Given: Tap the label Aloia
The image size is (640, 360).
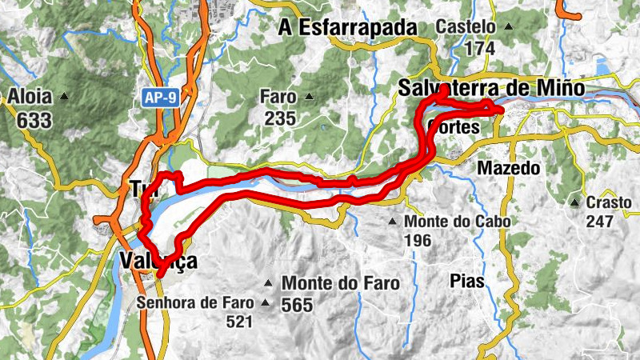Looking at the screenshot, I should (30, 97).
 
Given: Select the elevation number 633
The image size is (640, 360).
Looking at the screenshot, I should (33, 120).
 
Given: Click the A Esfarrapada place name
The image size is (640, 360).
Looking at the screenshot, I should (348, 28).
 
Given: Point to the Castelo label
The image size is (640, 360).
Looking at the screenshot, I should (466, 26).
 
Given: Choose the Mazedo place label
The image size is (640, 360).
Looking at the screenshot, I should (509, 168).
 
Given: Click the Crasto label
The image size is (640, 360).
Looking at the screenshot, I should (608, 202).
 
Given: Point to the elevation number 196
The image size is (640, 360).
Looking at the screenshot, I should (418, 240).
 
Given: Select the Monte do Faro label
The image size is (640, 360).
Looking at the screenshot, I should (340, 283).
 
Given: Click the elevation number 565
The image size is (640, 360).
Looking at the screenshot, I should (297, 305).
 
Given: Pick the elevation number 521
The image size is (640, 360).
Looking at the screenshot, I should (238, 322).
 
